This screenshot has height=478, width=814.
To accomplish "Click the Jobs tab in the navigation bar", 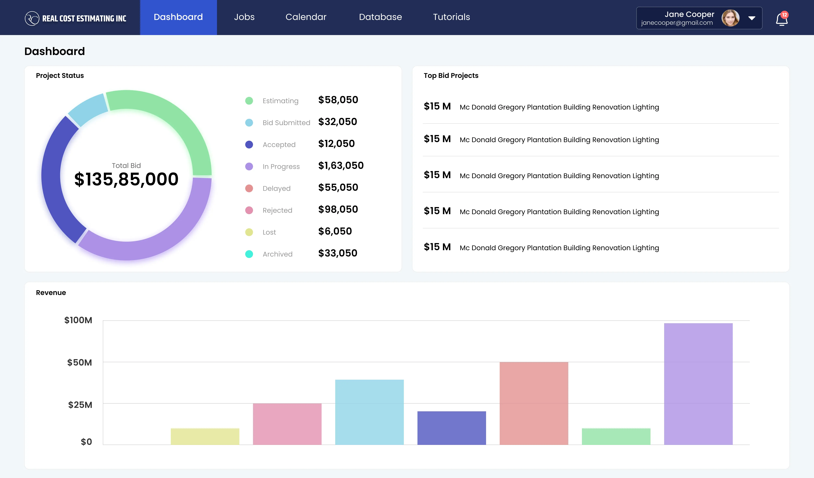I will click(x=244, y=17).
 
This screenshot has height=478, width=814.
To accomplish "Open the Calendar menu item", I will click(x=306, y=17).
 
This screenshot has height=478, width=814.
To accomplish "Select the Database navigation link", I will click(x=380, y=17).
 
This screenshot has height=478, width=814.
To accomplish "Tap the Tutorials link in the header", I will click(x=451, y=17).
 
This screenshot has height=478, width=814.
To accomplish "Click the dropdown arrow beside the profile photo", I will click(x=752, y=18).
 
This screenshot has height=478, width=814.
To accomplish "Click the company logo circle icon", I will click(x=32, y=18).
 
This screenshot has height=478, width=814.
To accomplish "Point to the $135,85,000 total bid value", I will click(x=126, y=179).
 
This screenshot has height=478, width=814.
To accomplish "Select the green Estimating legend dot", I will click(x=249, y=101).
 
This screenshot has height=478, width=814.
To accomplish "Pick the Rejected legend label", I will click(x=277, y=210).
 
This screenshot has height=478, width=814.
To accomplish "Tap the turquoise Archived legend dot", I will click(x=249, y=254).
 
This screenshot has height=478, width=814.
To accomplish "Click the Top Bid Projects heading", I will click(x=451, y=76).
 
